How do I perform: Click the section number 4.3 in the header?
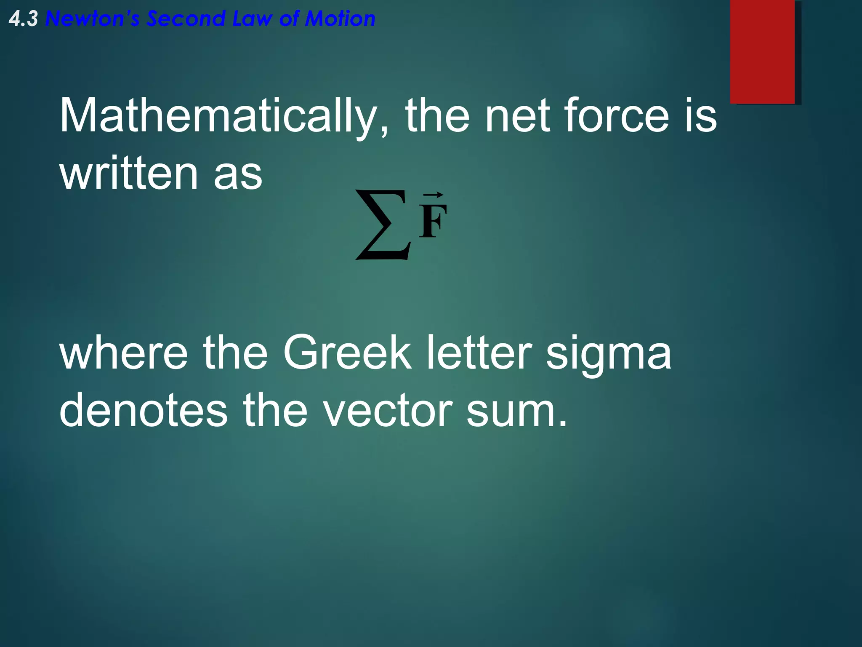23,19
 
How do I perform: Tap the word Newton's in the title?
92,19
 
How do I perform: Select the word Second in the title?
186,19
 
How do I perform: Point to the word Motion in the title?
340,19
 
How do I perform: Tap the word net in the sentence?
517,116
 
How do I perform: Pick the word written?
129,173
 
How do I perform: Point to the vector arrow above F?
433,195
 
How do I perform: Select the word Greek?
347,353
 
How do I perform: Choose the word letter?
479,353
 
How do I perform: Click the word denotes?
144,411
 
